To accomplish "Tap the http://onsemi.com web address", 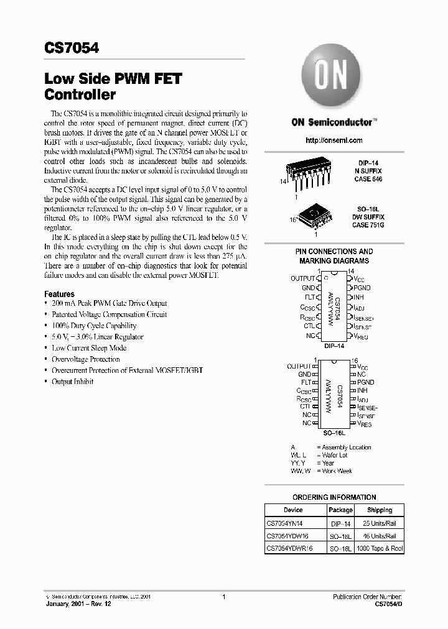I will point(334,141).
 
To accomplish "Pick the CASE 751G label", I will point(368,224).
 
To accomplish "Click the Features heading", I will point(59,294).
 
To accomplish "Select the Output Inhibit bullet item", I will point(72,382).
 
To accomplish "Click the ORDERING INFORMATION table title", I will point(334,497).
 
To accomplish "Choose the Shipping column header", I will point(380,510).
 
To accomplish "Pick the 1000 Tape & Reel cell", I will point(380,549).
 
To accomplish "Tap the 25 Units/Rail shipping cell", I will point(380,523).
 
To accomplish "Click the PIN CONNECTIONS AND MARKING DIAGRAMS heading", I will point(334,256).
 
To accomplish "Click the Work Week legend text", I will point(337,471).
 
